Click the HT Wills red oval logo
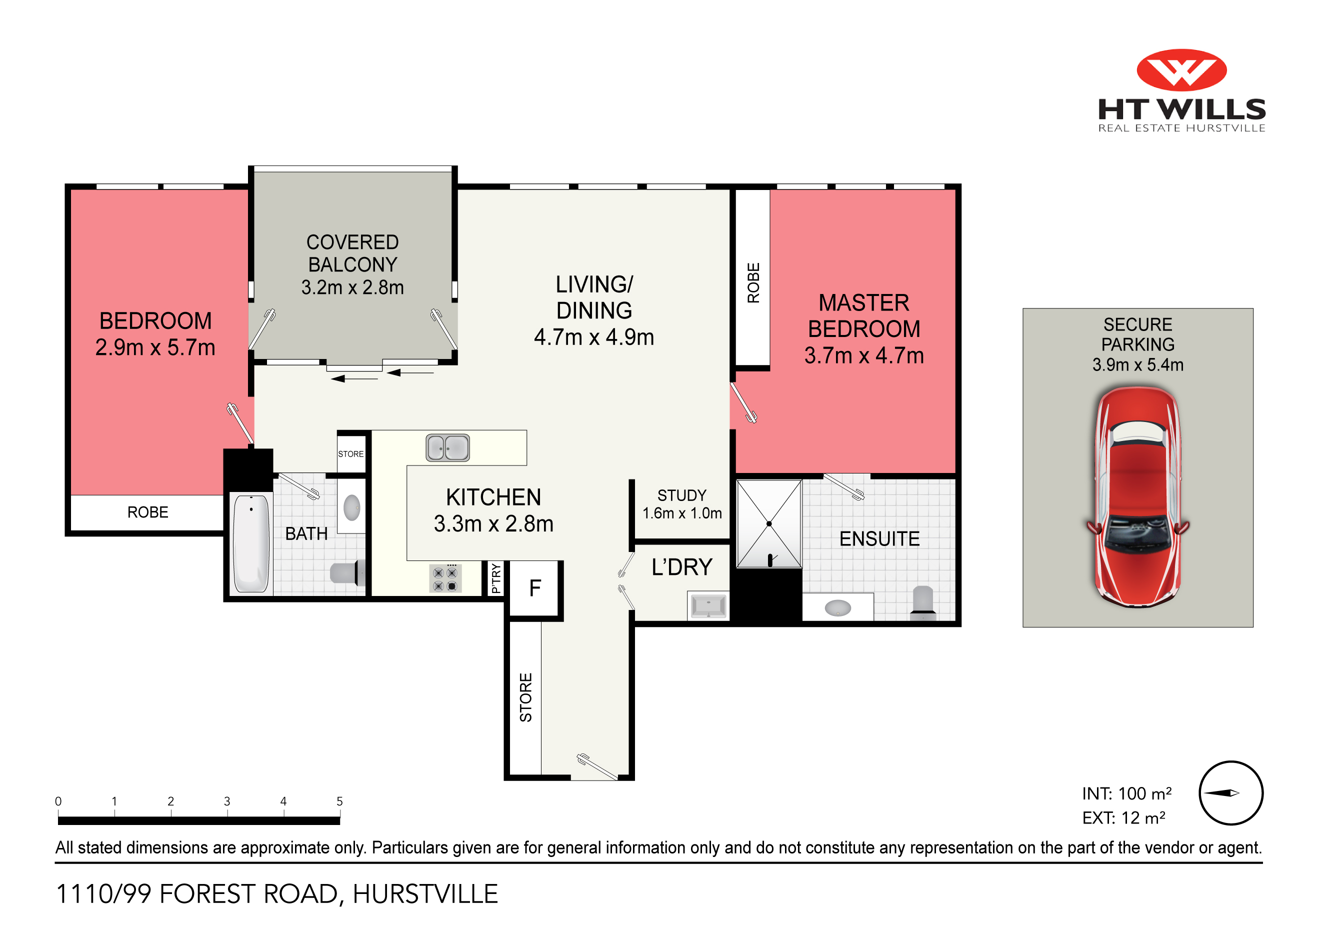point(1181,70)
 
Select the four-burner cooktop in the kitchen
point(445,579)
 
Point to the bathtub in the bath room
point(251,543)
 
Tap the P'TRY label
point(496,578)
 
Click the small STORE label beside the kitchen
point(350,454)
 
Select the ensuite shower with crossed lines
point(768,523)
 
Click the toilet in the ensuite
point(922,602)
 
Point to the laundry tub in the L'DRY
point(708,606)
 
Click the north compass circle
point(1230,793)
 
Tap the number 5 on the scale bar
point(339,801)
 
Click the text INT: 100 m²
point(1126,793)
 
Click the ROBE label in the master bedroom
point(753,283)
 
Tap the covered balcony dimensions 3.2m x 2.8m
point(352,287)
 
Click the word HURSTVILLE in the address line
point(425,894)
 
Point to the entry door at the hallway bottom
point(597,768)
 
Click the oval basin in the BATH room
point(351,507)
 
